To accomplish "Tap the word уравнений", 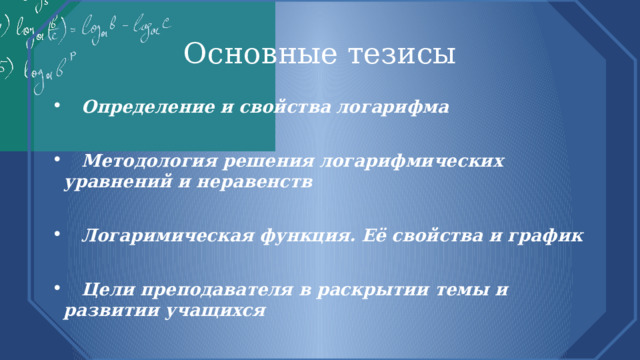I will [x=110, y=182].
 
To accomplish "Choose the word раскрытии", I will [x=366, y=290].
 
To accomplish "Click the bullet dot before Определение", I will [x=67, y=107].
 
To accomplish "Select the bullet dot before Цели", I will [x=67, y=291].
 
